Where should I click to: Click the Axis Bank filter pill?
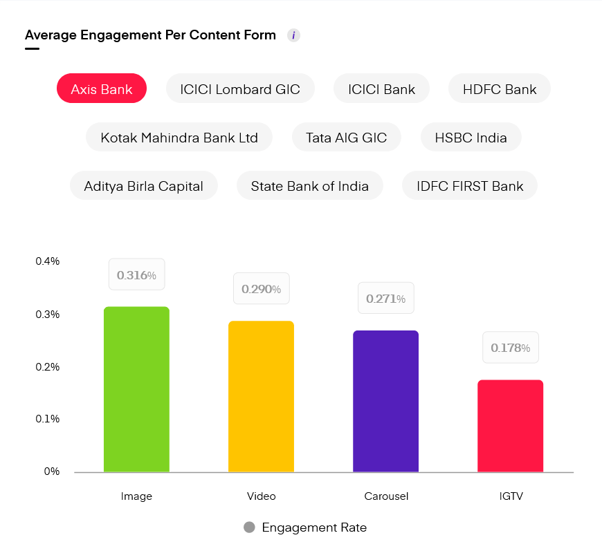pyautogui.click(x=102, y=88)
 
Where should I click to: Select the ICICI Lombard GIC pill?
pyautogui.click(x=240, y=88)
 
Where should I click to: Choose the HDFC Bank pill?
pyautogui.click(x=500, y=88)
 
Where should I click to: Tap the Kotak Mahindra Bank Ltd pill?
pyautogui.click(x=179, y=137)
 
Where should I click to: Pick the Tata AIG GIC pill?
pyautogui.click(x=346, y=137)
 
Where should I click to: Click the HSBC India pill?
pyautogui.click(x=471, y=137)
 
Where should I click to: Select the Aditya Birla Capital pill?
pyautogui.click(x=144, y=185)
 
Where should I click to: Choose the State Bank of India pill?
pyautogui.click(x=309, y=185)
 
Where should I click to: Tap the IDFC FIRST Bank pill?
pyautogui.click(x=470, y=185)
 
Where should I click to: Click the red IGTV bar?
pyautogui.click(x=510, y=426)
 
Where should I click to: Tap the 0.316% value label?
pyautogui.click(x=136, y=275)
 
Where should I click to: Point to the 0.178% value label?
pyautogui.click(x=510, y=348)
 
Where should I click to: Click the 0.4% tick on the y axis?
pyautogui.click(x=48, y=261)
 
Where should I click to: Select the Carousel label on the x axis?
pyautogui.click(x=385, y=496)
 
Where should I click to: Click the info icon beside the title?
pyautogui.click(x=293, y=35)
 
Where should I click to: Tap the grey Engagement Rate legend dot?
pyautogui.click(x=249, y=527)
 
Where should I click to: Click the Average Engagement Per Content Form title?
pyautogui.click(x=150, y=35)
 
